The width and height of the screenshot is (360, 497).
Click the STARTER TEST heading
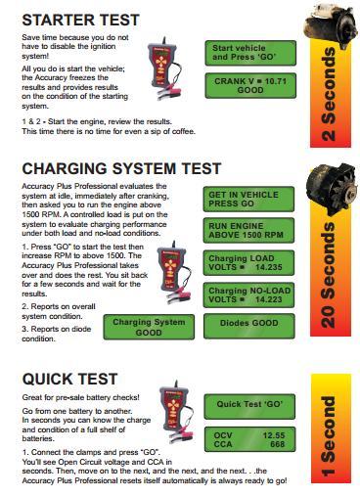80,20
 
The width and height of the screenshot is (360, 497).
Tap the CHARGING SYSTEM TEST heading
121,168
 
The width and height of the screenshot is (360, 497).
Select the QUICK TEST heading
69,379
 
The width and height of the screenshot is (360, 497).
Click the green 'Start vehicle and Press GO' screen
250,53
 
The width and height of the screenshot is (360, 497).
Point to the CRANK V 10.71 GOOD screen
250,86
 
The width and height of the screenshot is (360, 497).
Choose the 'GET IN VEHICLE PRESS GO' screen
248,199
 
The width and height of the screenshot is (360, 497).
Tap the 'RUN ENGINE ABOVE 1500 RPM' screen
248,230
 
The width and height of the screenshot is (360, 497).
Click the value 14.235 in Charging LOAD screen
269,267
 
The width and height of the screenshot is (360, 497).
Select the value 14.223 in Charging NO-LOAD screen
269,299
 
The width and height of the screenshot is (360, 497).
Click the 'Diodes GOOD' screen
249,326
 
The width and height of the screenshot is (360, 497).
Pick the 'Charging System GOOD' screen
149,327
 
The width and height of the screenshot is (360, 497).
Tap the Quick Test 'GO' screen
249,407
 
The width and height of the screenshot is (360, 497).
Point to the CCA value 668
278,444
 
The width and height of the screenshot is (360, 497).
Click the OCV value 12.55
274,435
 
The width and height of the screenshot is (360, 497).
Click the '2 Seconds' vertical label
329,95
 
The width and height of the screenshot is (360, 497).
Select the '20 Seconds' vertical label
328,276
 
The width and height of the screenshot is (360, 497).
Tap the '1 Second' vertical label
328,436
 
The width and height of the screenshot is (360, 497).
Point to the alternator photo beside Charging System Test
332,188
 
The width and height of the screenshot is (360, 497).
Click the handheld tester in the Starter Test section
163,68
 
